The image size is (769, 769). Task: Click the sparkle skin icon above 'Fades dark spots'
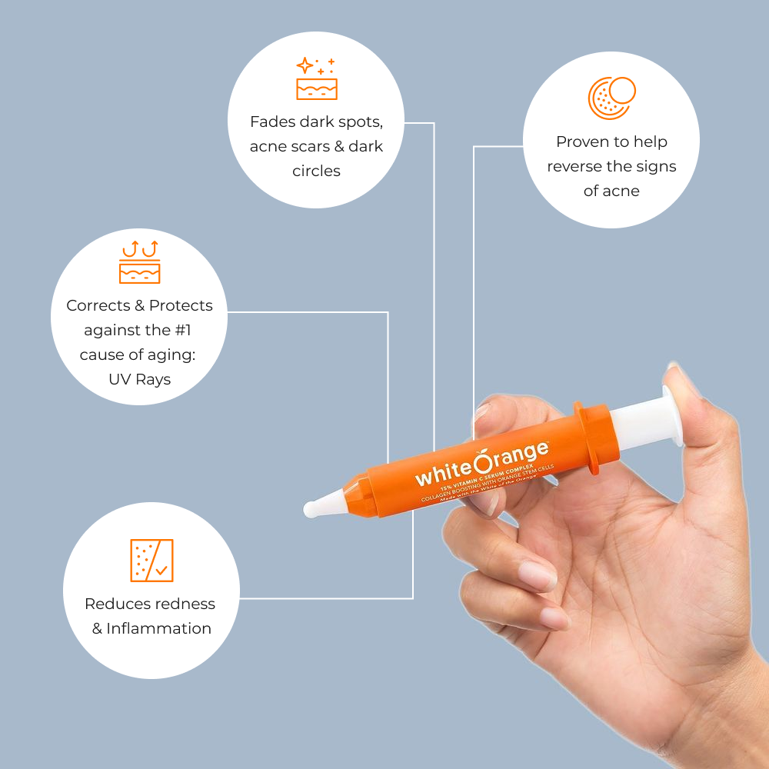click(316, 78)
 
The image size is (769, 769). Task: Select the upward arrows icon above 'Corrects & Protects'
click(139, 262)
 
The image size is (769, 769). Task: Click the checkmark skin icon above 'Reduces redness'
click(151, 560)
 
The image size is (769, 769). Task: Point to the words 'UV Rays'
click(139, 379)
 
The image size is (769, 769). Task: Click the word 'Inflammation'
click(158, 628)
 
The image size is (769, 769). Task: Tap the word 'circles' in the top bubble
click(316, 171)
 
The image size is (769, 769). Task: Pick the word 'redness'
click(186, 604)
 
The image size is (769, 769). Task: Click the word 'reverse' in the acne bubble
click(577, 166)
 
